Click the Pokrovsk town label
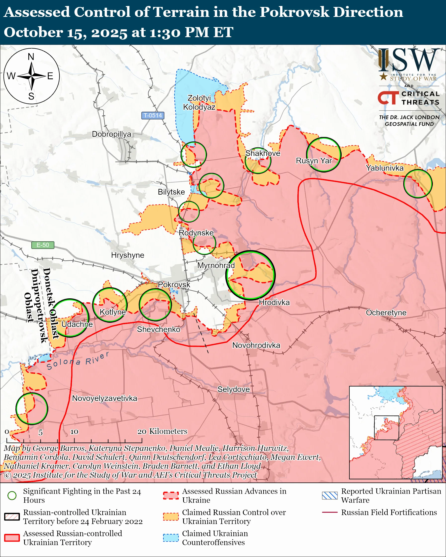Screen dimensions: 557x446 (174, 284)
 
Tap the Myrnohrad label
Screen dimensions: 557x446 (216, 265)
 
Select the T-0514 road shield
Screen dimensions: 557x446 (153, 115)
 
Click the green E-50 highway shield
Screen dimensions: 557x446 (43, 245)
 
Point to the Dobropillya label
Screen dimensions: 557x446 (111, 134)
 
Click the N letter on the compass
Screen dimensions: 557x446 (31, 57)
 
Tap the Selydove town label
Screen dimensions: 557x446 (234, 389)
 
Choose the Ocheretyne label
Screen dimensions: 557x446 (386, 313)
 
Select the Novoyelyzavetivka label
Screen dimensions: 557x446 (104, 398)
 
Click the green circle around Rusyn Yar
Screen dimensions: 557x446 (324, 155)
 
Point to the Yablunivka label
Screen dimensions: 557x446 (385, 168)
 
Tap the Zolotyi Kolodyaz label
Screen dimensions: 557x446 (199, 102)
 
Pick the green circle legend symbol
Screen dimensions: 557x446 (12, 495)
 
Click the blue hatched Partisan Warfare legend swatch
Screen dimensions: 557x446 (330, 495)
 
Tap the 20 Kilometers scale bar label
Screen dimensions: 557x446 (162, 431)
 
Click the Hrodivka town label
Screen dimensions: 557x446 (274, 302)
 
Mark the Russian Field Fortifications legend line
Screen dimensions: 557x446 (330, 512)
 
